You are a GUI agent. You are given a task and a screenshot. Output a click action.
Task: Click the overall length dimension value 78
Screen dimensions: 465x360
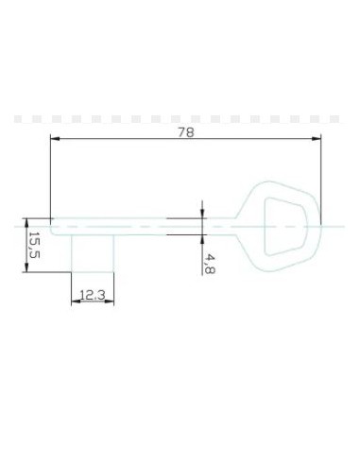click(x=185, y=132)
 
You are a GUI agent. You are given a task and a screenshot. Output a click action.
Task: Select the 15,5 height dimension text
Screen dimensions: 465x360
click(x=32, y=246)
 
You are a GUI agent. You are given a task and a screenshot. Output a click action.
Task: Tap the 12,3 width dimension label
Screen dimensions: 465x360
click(x=92, y=296)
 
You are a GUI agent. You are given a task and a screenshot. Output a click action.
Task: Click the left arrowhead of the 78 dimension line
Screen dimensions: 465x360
click(x=55, y=140)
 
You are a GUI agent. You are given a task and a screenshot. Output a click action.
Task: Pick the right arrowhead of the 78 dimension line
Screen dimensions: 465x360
click(x=317, y=140)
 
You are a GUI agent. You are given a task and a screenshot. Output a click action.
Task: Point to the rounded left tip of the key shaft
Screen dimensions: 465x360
click(x=54, y=225)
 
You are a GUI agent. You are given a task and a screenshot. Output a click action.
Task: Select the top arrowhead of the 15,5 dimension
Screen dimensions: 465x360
click(x=26, y=222)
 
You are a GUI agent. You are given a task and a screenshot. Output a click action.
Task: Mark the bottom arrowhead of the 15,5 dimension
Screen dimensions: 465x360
click(x=26, y=268)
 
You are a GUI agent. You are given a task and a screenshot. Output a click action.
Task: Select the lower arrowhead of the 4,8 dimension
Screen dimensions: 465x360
click(x=202, y=238)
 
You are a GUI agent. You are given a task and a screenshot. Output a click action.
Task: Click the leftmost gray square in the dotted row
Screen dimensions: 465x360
click(x=17, y=119)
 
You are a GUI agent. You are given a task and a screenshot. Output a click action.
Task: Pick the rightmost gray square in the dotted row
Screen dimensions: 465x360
click(x=334, y=119)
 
